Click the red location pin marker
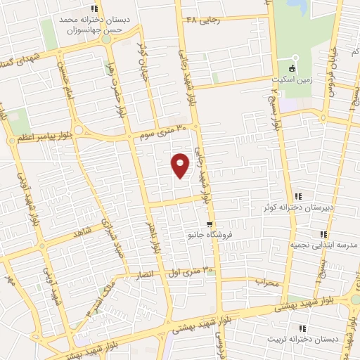(181, 165)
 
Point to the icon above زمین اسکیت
(295, 58)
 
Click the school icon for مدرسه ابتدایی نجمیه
(323, 234)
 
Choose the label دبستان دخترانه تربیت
(302, 339)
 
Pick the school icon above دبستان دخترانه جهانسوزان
(94, 8)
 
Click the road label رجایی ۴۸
(202, 19)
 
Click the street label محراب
(268, 282)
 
